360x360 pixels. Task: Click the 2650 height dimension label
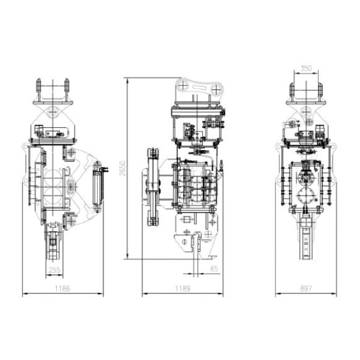click(x=123, y=168)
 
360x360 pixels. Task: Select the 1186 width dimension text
click(x=62, y=289)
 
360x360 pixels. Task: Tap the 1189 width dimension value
click(x=182, y=289)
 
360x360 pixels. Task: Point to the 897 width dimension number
click(x=306, y=289)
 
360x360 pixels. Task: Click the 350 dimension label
click(x=306, y=68)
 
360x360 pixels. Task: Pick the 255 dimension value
click(x=55, y=270)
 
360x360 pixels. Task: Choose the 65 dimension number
click(x=214, y=269)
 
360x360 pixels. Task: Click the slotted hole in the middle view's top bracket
click(x=200, y=87)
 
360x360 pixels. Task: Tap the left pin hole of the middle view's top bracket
click(x=183, y=86)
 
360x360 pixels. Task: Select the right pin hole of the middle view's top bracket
click(x=216, y=89)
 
